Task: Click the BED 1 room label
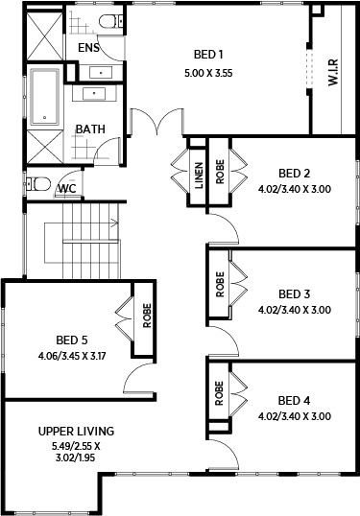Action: point(208,55)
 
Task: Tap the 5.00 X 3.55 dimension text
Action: point(208,73)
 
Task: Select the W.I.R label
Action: point(333,73)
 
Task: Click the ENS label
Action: point(88,48)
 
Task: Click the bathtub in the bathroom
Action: point(45,97)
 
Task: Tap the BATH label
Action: point(90,129)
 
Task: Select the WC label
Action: point(67,189)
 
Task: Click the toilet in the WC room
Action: point(38,184)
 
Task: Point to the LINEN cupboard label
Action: point(199,176)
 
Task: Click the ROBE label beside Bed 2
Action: point(220,172)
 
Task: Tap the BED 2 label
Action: point(295,173)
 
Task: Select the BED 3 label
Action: point(295,293)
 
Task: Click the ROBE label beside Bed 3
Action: point(220,284)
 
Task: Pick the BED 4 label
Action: point(294,401)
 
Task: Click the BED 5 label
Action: point(72,340)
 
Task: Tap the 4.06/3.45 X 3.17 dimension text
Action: point(72,356)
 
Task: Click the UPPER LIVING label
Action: point(76,431)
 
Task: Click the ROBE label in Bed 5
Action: point(147,316)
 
